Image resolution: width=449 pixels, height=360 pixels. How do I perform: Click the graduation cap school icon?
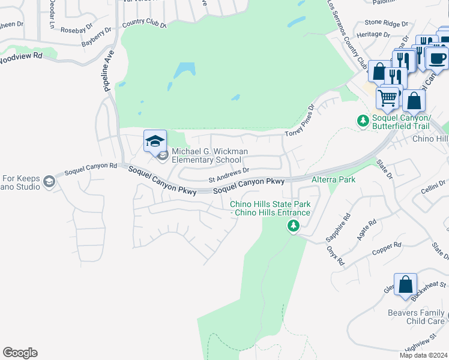point(155,141)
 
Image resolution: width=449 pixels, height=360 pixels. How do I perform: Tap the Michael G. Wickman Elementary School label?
point(209,156)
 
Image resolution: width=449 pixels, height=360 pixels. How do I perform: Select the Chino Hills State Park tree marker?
point(294,226)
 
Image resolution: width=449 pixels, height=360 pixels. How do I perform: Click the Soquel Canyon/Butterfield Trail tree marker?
point(363,121)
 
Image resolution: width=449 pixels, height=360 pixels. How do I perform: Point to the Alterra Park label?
point(333,179)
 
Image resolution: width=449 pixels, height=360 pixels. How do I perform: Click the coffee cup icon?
point(437,58)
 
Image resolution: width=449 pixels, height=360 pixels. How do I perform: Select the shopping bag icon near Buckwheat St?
point(405,284)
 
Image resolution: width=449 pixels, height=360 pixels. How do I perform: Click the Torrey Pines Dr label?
point(300,122)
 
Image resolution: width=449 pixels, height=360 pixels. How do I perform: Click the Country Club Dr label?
point(143,24)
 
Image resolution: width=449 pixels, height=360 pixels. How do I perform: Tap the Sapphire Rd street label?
point(337,227)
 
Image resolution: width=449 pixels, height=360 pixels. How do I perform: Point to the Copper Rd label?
point(386,248)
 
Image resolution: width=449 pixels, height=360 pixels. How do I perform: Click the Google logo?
point(20,353)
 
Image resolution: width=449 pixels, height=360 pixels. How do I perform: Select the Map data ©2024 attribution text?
point(423,355)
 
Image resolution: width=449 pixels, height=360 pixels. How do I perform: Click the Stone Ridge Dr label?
point(382,23)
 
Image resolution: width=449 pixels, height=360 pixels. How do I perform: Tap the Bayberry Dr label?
point(97,35)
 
